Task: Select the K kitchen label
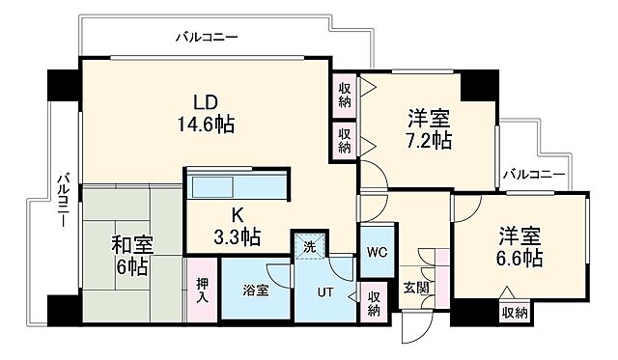pyautogui.click(x=237, y=214)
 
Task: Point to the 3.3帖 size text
pyautogui.click(x=237, y=235)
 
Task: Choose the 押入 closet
pyautogui.click(x=200, y=290)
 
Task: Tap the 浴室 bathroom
pyautogui.click(x=255, y=291)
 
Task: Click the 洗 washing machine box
pyautogui.click(x=310, y=246)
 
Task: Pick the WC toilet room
pyautogui.click(x=377, y=252)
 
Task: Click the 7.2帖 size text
pyautogui.click(x=427, y=141)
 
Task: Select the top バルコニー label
pyautogui.click(x=207, y=39)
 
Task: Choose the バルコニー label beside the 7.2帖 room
pyautogui.click(x=533, y=175)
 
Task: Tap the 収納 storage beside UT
pyautogui.click(x=374, y=301)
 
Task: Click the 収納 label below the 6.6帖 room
pyautogui.click(x=514, y=311)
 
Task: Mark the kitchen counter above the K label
pyautogui.click(x=237, y=186)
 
